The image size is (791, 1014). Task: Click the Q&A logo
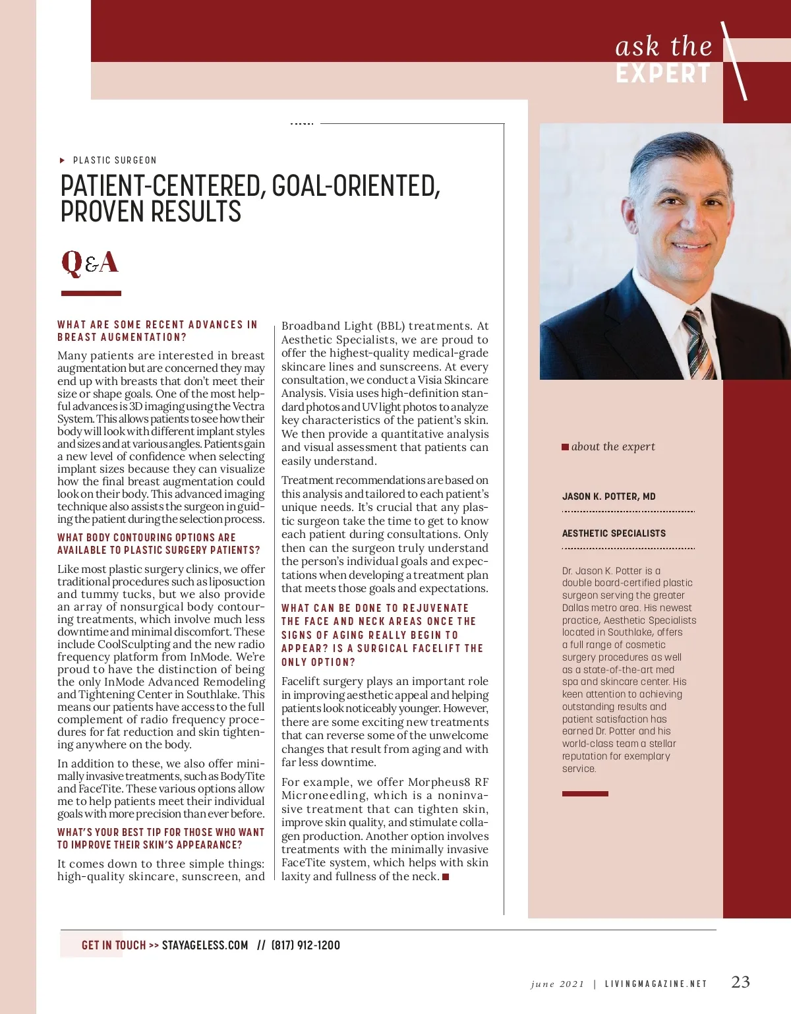click(x=90, y=262)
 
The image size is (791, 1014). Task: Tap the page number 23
click(x=740, y=982)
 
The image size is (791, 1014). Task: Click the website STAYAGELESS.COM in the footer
click(x=205, y=945)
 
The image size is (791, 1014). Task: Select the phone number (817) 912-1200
click(x=306, y=945)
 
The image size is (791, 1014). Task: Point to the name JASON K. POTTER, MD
click(x=608, y=496)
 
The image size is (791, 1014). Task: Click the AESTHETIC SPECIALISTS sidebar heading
click(x=614, y=533)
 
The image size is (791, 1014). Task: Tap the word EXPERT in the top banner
click(x=663, y=74)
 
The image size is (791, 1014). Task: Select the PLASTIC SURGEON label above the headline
click(x=115, y=160)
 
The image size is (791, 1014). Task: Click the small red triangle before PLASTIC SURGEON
click(x=62, y=160)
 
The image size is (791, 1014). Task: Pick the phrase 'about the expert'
click(x=613, y=446)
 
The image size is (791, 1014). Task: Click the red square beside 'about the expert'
click(x=565, y=447)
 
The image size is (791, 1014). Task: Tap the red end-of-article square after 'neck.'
click(x=446, y=876)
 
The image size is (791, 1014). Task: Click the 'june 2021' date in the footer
click(x=557, y=984)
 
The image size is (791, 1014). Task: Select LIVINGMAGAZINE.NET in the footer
click(x=655, y=984)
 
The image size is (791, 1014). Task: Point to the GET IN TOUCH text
click(x=113, y=945)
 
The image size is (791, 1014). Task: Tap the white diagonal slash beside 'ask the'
click(x=734, y=61)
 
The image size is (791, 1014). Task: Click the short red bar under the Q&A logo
click(x=91, y=293)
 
